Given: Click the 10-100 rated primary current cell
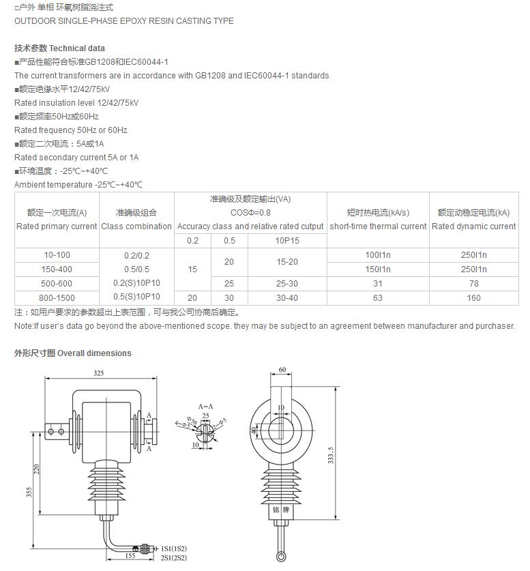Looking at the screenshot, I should coord(57,255).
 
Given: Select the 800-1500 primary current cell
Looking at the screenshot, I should coord(57,298).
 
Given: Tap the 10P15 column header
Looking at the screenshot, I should coord(287,241).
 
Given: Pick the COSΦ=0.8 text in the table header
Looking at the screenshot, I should coord(250,213).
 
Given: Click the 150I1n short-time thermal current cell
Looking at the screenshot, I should coord(378,269).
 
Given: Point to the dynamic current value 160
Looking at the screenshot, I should coord(474,298).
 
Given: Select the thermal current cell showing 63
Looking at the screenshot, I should coord(378,298).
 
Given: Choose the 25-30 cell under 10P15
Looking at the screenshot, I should coord(287,284).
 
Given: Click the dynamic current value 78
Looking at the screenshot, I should coord(474,284).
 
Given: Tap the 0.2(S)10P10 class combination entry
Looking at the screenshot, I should coord(137,283).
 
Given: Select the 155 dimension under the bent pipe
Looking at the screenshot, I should coord(130,556).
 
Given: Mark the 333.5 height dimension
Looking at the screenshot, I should coord(331,456).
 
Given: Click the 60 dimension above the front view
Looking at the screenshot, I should coord(282,370).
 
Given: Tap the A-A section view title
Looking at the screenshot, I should coord(205,406).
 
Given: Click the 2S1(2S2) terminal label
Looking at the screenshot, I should coord(173,558).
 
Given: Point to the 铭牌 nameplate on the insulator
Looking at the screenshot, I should coord(281,509).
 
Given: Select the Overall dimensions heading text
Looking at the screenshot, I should coord(94,353).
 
